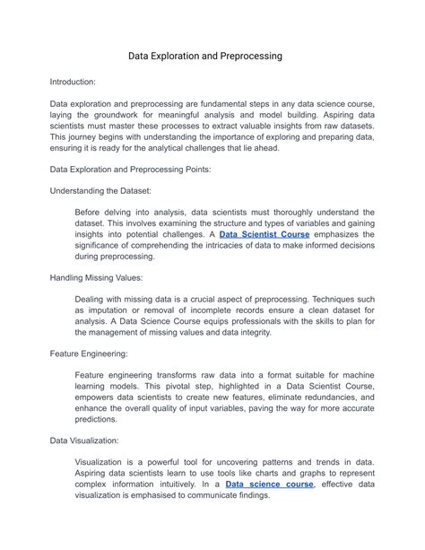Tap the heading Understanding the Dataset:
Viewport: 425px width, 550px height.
click(x=100, y=190)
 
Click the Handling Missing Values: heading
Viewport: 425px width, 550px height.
click(x=100, y=278)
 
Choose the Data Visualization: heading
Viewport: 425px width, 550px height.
click(x=88, y=441)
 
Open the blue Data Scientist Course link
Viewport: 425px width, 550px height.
click(x=265, y=234)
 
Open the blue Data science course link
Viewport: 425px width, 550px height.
click(x=269, y=484)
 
